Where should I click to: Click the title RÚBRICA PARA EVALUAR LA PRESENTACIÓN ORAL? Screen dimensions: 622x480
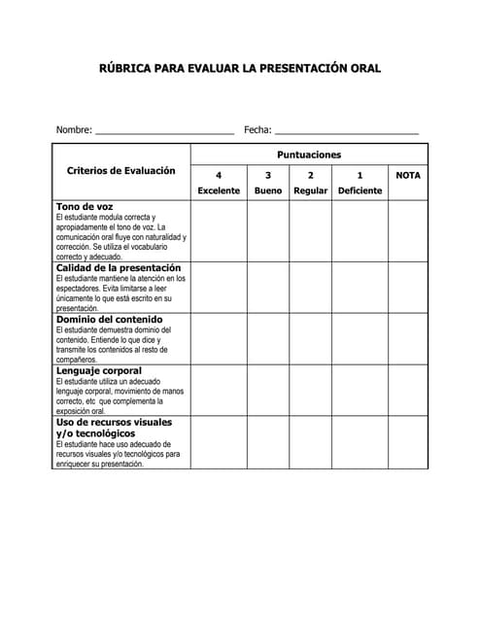tap(240, 69)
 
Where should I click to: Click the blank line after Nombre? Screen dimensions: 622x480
tap(164, 131)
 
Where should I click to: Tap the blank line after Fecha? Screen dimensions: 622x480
tap(347, 131)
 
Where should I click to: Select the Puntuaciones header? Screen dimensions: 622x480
tap(309, 155)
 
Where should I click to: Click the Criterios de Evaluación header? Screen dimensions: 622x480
tap(121, 171)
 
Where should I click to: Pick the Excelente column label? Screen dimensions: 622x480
tap(219, 190)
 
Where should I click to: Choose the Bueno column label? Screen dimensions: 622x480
tap(268, 190)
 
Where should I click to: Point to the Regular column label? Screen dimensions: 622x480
tap(311, 190)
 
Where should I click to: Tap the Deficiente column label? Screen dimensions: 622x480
tap(360, 190)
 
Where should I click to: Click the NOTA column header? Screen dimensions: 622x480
tap(408, 175)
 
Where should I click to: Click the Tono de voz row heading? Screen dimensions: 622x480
tap(85, 207)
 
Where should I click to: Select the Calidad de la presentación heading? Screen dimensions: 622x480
tap(119, 267)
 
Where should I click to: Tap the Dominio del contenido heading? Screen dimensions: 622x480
tap(109, 320)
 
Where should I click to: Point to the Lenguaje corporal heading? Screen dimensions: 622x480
tap(99, 371)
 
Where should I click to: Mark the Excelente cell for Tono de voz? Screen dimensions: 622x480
tap(219, 230)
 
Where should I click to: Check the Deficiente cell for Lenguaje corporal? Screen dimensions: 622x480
tap(360, 390)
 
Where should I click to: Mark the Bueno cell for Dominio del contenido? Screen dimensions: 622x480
tap(268, 338)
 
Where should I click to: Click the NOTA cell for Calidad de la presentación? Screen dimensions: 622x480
tap(408, 287)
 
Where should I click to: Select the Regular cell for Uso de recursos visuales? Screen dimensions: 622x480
tap(311, 442)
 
